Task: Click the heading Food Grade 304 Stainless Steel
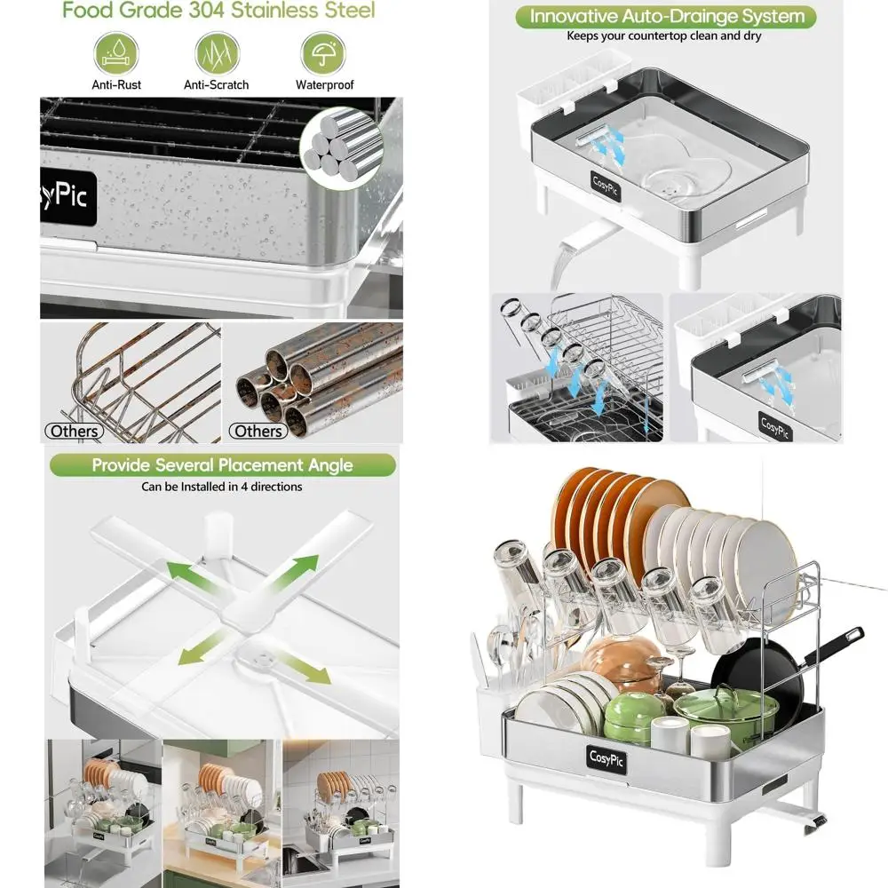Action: [218, 12]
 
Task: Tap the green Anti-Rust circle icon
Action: [116, 54]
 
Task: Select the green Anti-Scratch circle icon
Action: [217, 54]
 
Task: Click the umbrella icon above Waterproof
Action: [323, 54]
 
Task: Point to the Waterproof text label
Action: [324, 85]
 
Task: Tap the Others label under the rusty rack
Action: [75, 432]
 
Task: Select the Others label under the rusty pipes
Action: [258, 432]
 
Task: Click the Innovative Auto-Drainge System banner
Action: [666, 17]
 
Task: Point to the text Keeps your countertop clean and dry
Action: [665, 37]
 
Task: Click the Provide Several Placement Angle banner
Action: [222, 465]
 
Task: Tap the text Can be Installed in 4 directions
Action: [222, 487]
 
